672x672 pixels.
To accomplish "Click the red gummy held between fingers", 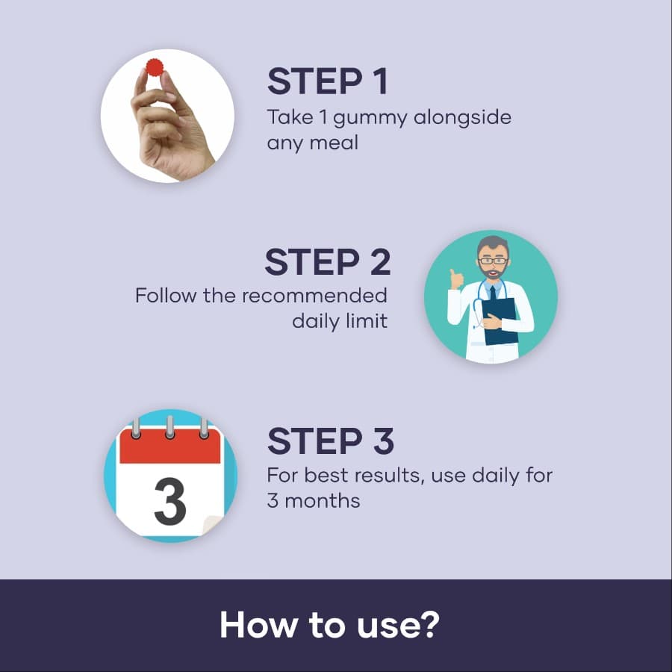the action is pos(155,67).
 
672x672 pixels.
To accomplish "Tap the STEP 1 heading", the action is pos(328,81).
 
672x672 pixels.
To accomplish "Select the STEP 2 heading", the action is pos(328,262).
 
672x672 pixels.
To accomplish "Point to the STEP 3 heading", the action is pos(331,441).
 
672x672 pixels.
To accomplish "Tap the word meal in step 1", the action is pos(334,143).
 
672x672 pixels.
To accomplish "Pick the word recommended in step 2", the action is pos(314,296).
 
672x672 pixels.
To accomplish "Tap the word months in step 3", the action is pos(323,500).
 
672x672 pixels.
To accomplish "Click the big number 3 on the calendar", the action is pos(169,502).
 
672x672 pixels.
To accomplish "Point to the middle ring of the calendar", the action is pos(170,427).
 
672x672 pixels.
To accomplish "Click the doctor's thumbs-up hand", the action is pos(456,279).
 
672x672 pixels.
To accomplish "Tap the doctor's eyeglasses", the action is pos(494,261).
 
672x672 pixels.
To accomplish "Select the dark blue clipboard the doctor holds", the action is pos(500,321).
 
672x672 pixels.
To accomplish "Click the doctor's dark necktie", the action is pos(493,293).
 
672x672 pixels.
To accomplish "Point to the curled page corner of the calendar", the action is pos(212,526).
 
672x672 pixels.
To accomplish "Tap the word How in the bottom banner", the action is pos(258,625).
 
